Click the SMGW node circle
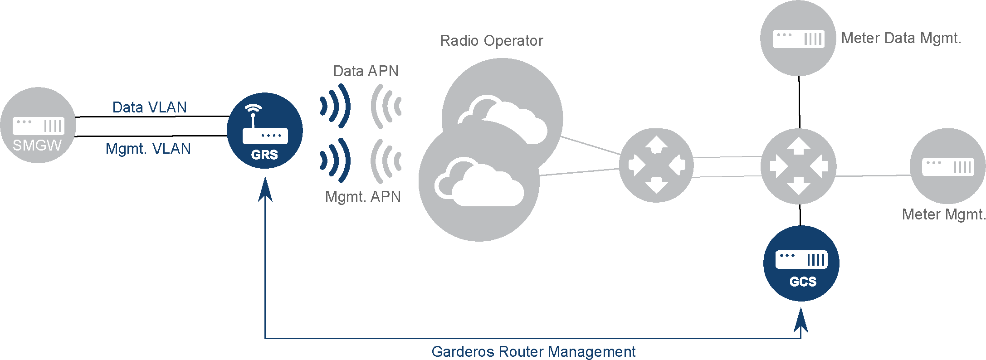(38, 125)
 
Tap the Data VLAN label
(150, 107)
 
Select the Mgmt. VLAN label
(148, 149)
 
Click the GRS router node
(265, 131)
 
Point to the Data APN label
(366, 71)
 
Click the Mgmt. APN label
(363, 197)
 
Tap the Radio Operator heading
(492, 41)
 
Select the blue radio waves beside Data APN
(336, 107)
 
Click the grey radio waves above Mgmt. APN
(386, 161)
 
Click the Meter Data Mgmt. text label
(901, 38)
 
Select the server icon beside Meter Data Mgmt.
(798, 39)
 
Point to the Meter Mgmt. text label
(943, 214)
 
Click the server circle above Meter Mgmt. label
(948, 166)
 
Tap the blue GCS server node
(801, 263)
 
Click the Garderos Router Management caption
(533, 352)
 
